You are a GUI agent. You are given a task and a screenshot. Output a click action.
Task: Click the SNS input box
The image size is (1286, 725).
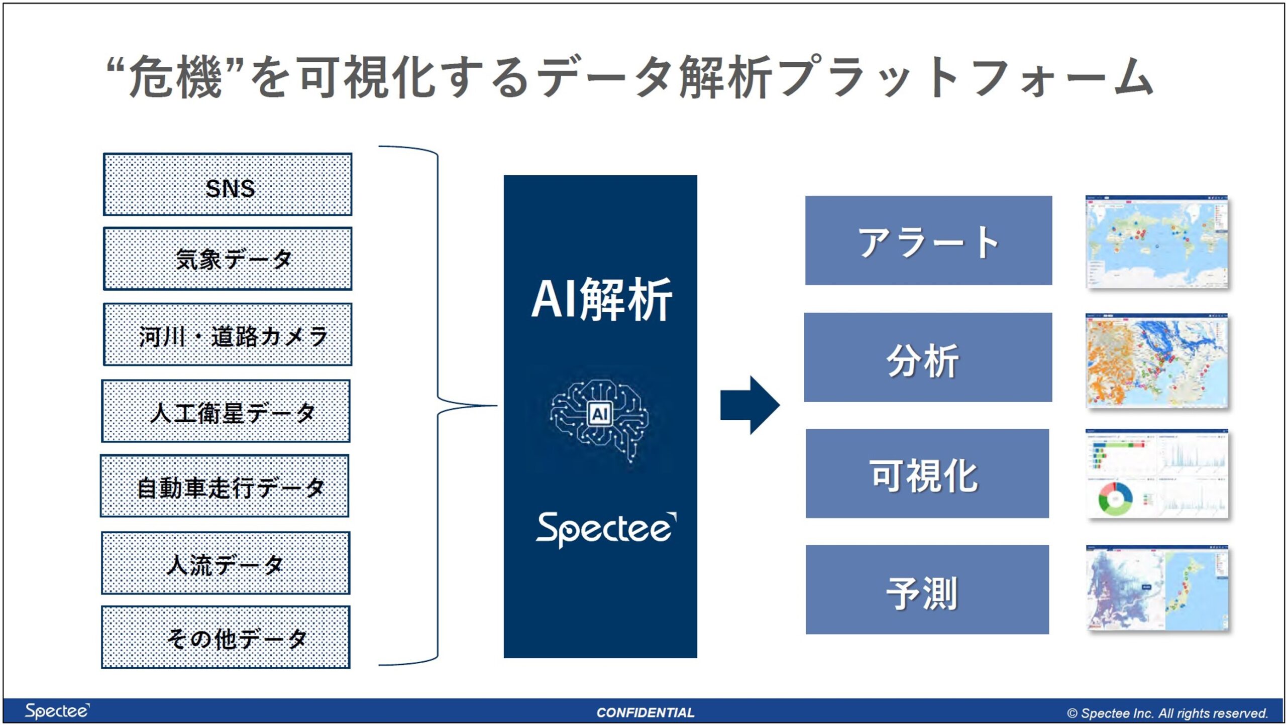[x=228, y=185]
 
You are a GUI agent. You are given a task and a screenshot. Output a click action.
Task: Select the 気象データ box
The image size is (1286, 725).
[x=228, y=259]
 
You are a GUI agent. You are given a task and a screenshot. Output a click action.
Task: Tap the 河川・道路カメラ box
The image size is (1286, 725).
[x=228, y=335]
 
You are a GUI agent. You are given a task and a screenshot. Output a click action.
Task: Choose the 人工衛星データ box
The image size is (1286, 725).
[x=226, y=411]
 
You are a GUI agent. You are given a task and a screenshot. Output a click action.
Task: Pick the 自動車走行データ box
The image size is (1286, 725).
[x=225, y=486]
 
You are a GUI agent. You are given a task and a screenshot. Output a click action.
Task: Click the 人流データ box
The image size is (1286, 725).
[x=226, y=563]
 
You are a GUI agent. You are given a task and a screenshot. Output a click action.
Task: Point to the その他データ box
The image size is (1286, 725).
[x=226, y=638]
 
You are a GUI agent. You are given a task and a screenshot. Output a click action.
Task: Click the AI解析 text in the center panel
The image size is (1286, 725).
[x=601, y=299]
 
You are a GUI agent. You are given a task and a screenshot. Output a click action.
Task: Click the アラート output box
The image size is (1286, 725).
[x=928, y=241]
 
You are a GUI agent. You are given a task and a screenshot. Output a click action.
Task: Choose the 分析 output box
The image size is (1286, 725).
[x=928, y=357]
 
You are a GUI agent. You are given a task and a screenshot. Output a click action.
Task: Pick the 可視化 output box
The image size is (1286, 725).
[x=927, y=473]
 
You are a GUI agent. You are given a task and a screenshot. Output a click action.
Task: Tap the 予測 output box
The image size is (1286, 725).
[x=927, y=590]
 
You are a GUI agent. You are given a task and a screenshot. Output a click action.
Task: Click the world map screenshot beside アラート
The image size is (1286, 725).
[x=1156, y=242]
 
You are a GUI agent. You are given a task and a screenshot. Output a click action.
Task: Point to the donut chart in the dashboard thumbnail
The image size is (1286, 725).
[x=1115, y=499]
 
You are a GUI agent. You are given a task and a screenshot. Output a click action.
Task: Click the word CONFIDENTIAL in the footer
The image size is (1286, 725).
[x=645, y=712]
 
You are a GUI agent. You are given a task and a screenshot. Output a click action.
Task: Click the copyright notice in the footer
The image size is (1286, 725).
[x=1167, y=713]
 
